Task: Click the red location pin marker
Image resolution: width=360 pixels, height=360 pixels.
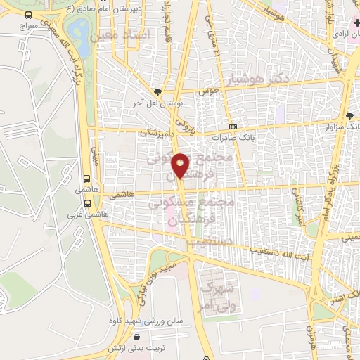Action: [x=181, y=165]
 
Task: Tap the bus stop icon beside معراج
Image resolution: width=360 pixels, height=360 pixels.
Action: [x=27, y=15]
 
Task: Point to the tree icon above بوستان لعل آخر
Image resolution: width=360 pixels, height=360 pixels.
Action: [x=159, y=91]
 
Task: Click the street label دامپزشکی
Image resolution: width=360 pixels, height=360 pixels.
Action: [x=154, y=131]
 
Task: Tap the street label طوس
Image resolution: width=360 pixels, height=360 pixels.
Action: [x=210, y=91]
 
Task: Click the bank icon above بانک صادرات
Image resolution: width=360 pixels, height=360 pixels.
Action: [x=233, y=127]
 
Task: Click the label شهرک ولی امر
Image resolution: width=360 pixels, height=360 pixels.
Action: [x=217, y=296]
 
